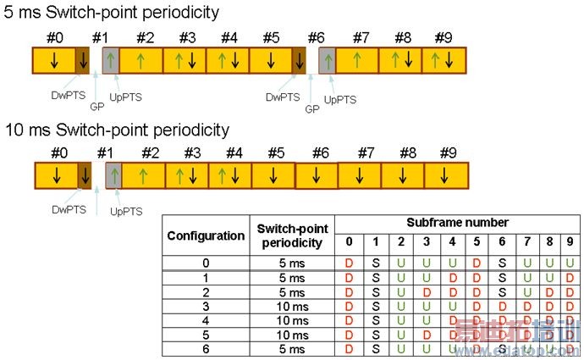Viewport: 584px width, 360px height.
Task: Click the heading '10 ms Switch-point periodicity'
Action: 116,130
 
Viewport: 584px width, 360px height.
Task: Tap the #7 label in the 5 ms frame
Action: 361,38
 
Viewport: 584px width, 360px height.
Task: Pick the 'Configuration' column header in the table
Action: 206,235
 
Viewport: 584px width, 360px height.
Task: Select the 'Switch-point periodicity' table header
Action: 289,235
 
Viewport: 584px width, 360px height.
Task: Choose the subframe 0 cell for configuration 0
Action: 349,263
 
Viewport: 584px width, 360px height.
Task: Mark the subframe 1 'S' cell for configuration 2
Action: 375,291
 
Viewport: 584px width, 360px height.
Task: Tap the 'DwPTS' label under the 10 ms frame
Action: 65,208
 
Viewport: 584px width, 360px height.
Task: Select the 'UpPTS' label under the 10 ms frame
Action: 126,211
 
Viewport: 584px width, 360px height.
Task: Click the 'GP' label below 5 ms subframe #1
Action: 98,109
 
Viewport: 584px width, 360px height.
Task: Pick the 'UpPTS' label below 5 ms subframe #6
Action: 340,99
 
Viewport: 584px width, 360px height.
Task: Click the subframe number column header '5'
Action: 477,242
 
